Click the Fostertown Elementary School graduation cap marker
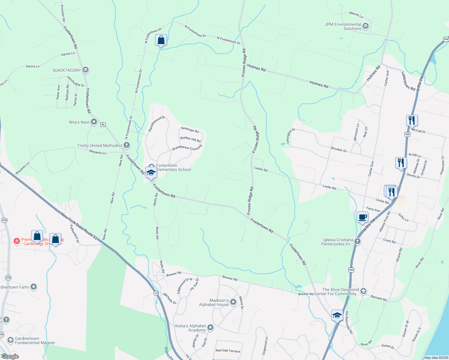[x=151, y=172]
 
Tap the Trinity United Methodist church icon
[x=127, y=145]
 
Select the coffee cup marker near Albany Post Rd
[x=362, y=217]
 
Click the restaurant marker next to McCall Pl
[x=412, y=121]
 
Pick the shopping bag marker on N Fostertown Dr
[x=161, y=40]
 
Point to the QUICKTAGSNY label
[x=67, y=70]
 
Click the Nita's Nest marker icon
[x=94, y=122]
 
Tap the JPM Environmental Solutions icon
[x=366, y=26]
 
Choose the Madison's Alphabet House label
[x=214, y=302]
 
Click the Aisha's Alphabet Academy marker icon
[x=210, y=328]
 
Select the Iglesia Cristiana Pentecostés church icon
[x=357, y=241]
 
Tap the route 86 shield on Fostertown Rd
[x=103, y=124]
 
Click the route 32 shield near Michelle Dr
[x=156, y=293]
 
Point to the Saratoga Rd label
[x=190, y=130]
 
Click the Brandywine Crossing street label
[x=187, y=148]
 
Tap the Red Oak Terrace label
[x=228, y=351]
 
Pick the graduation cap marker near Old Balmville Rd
[x=337, y=315]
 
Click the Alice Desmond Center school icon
[x=363, y=291]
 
